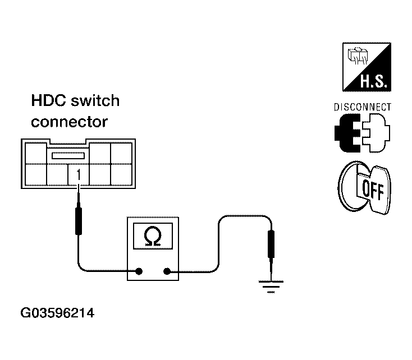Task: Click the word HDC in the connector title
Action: pos(48,100)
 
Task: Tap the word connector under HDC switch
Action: pos(70,122)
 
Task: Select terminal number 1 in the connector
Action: pos(78,174)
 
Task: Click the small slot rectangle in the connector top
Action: pos(68,156)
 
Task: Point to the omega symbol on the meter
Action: pos(153,236)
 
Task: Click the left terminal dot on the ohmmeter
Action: pos(139,271)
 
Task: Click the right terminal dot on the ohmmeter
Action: pos(167,271)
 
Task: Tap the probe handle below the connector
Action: pos(78,220)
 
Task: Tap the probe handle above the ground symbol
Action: pos(271,244)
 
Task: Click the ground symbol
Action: pos(271,287)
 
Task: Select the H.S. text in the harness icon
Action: pos(373,81)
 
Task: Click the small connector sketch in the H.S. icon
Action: pos(358,56)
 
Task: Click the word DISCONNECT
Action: pos(363,107)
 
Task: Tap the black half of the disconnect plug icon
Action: pos(347,133)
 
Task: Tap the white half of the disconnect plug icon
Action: pos(376,133)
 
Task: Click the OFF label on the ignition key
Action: pos(373,189)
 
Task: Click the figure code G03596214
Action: pos(57,313)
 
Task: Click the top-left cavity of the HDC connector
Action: pos(36,154)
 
